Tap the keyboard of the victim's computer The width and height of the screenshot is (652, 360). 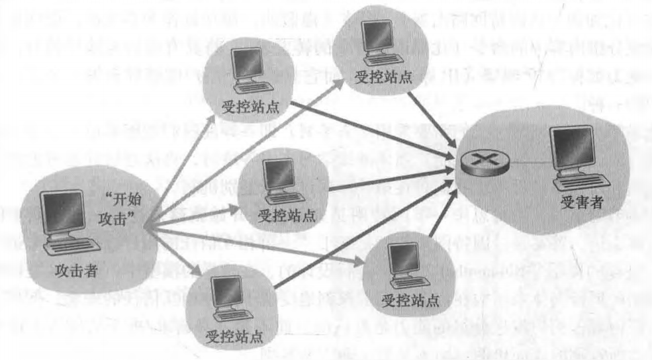[581, 180]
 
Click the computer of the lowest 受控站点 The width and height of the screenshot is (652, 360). [224, 304]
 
